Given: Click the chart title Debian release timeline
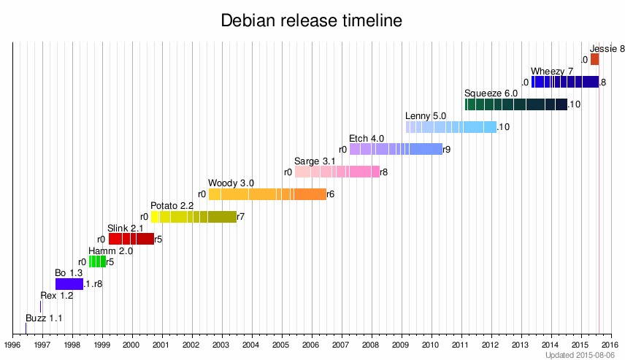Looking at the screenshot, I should pyautogui.click(x=312, y=21).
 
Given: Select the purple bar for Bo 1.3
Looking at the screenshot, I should pyautogui.click(x=69, y=284).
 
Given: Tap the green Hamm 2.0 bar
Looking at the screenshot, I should pyautogui.click(x=97, y=261).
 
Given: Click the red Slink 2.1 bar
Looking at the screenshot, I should pyautogui.click(x=131, y=239).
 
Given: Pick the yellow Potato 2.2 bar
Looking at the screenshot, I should pyautogui.click(x=193, y=217).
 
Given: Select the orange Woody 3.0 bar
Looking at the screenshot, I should pyautogui.click(x=267, y=194).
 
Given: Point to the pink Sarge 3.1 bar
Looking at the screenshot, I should pyautogui.click(x=337, y=172).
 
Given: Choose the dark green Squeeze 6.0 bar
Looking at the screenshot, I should pyautogui.click(x=515, y=104).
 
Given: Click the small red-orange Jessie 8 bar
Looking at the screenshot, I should pyautogui.click(x=594, y=59).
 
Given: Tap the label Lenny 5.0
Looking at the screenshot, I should pyautogui.click(x=426, y=116).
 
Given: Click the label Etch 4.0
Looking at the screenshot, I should pyautogui.click(x=367, y=138).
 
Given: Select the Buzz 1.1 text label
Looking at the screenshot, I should pyautogui.click(x=44, y=318).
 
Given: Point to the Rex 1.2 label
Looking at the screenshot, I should pyautogui.click(x=57, y=296).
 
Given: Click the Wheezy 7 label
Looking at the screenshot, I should pyautogui.click(x=552, y=71).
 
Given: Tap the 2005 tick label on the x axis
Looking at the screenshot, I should pyautogui.click(x=281, y=344).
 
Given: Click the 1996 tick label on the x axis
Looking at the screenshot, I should pyautogui.click(x=12, y=344).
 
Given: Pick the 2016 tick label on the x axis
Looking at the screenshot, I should pyautogui.click(x=610, y=344).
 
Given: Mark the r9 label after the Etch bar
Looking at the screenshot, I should pyautogui.click(x=447, y=150).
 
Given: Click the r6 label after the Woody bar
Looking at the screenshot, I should pyautogui.click(x=330, y=194).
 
